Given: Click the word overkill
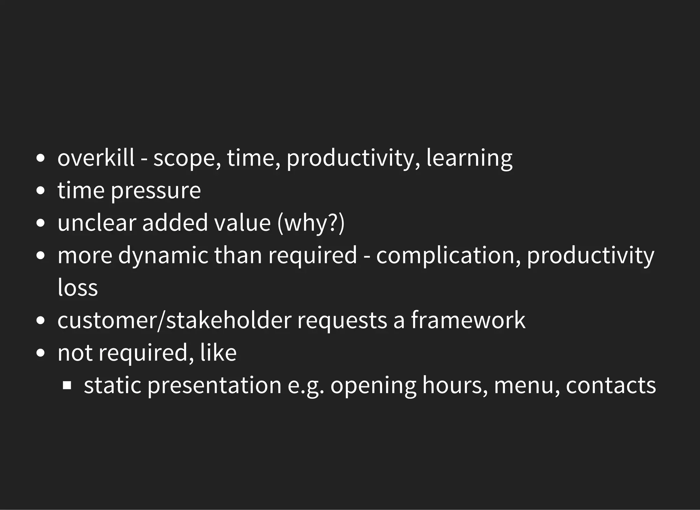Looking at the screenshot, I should [96, 158].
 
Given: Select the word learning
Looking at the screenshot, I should [469, 159].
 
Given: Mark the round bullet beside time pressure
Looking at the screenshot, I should [40, 191].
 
